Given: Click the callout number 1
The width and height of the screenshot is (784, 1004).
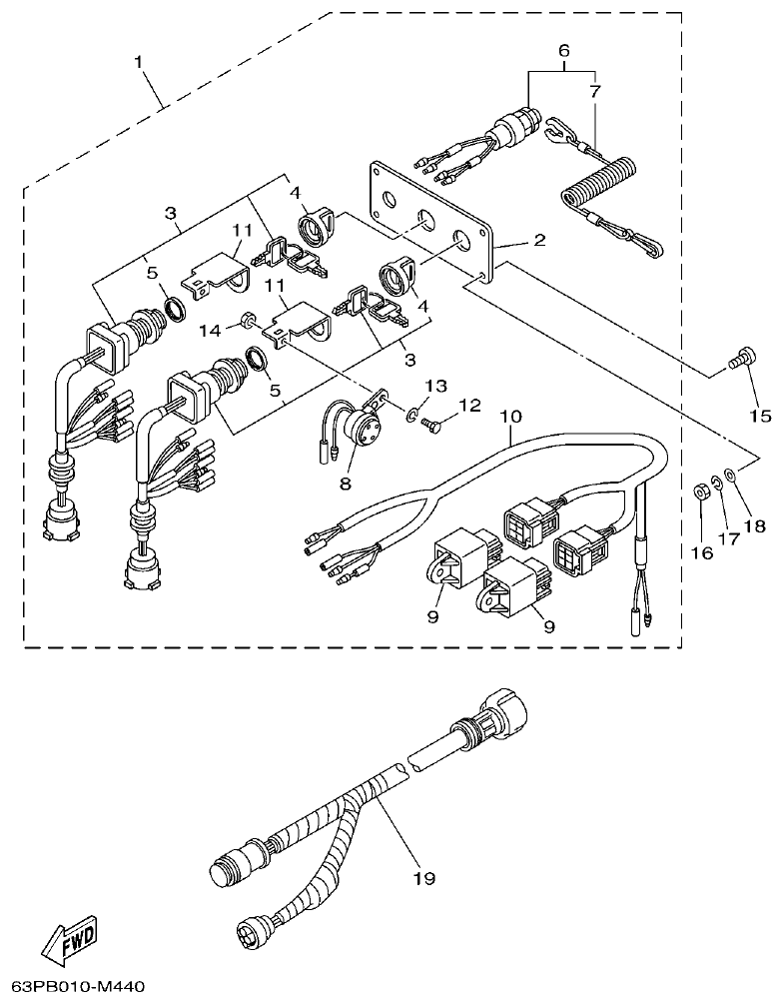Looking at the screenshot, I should (139, 62).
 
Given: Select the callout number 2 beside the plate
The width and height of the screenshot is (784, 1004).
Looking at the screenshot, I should (538, 240).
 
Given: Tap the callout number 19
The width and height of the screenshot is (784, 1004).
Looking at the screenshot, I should (424, 878).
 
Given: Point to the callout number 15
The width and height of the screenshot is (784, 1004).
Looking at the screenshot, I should (760, 415).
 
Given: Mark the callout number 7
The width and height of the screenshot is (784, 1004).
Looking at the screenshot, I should (596, 91).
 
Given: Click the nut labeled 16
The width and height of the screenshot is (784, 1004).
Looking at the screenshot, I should (701, 491).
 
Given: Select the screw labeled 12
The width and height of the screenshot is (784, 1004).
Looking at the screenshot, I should (430, 425).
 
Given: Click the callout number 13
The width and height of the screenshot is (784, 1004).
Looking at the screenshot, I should (432, 386).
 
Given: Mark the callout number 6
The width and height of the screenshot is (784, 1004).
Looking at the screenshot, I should (563, 49).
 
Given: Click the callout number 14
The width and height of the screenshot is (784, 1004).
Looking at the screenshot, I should (210, 329).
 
